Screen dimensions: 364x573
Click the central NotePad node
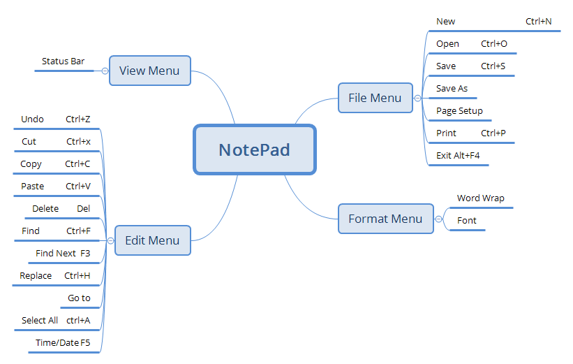[x=254, y=150]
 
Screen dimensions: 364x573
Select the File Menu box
[x=375, y=98]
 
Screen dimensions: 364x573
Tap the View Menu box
[x=149, y=71]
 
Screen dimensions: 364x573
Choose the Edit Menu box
[x=152, y=240]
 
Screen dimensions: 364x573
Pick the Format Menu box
[x=385, y=219]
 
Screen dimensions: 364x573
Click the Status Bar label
[x=63, y=61]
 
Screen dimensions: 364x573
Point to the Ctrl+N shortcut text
[x=538, y=22]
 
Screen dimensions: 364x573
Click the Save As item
[x=452, y=89]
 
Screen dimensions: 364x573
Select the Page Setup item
[x=459, y=111]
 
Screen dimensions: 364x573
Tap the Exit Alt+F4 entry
[x=458, y=156]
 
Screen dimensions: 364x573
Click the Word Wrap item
[x=480, y=198]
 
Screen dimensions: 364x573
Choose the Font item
[x=467, y=221]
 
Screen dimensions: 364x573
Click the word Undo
[x=32, y=119]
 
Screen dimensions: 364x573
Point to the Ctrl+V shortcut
[x=78, y=187]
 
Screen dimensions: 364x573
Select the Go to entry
[x=79, y=298]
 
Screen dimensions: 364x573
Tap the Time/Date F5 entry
[x=63, y=343]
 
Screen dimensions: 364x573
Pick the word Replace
[x=36, y=276]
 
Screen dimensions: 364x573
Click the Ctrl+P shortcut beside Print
[x=493, y=133]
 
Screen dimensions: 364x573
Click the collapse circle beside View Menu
[x=105, y=71]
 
